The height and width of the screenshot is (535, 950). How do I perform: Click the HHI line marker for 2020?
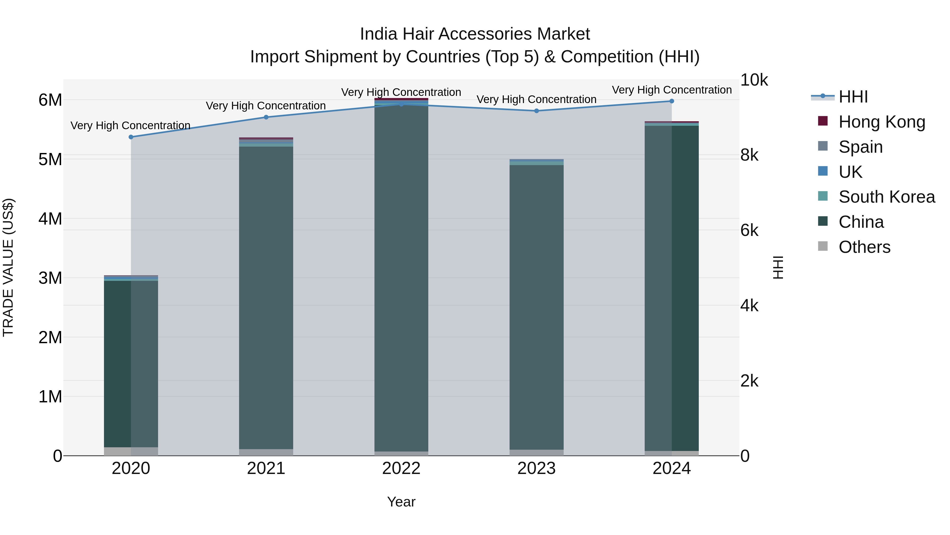click(131, 137)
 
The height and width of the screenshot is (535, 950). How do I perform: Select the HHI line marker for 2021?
click(266, 117)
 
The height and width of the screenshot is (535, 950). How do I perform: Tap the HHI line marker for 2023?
click(536, 111)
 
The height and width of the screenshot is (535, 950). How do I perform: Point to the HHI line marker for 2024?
click(672, 101)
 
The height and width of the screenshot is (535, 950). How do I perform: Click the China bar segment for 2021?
click(266, 295)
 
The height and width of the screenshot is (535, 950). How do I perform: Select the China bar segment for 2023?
click(536, 306)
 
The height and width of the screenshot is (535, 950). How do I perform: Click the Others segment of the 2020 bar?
click(131, 451)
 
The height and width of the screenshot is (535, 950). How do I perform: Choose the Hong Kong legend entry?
click(881, 122)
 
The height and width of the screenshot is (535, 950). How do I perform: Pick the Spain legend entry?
click(860, 147)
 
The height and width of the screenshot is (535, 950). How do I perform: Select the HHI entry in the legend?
click(853, 97)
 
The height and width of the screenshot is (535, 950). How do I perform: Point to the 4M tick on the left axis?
click(50, 218)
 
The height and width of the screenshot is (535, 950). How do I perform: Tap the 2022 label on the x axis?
click(401, 468)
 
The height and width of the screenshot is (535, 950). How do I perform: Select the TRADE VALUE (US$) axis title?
click(8, 267)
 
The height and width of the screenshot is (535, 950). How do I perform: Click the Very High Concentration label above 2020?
click(131, 125)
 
